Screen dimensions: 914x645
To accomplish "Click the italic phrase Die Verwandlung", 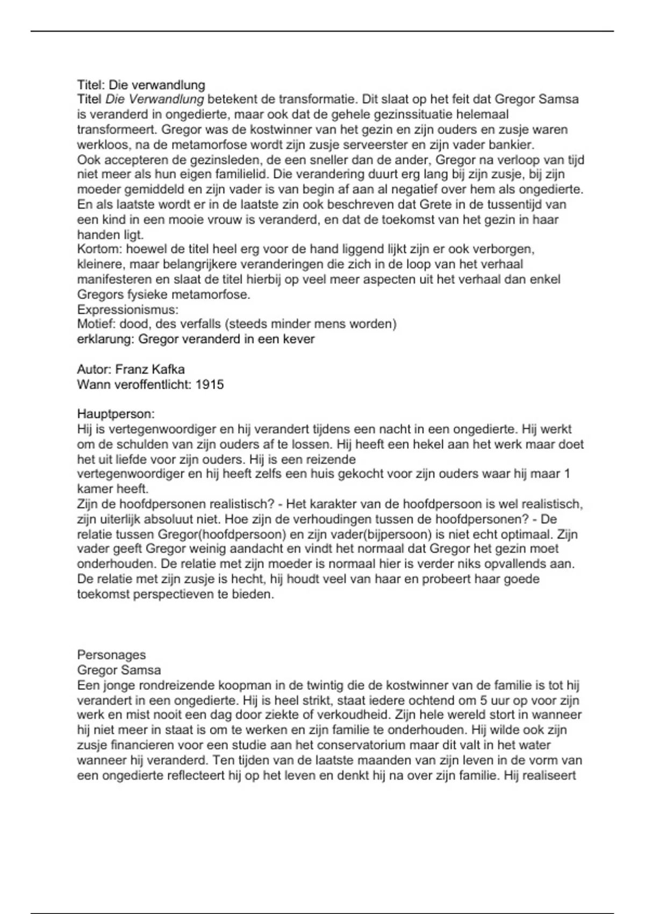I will click(155, 99).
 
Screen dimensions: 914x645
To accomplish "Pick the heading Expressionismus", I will click(127, 310).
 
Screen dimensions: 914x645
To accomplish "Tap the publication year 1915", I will click(210, 384).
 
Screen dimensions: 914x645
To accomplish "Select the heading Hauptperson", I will click(116, 414).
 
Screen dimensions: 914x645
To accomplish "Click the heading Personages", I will click(111, 655).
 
